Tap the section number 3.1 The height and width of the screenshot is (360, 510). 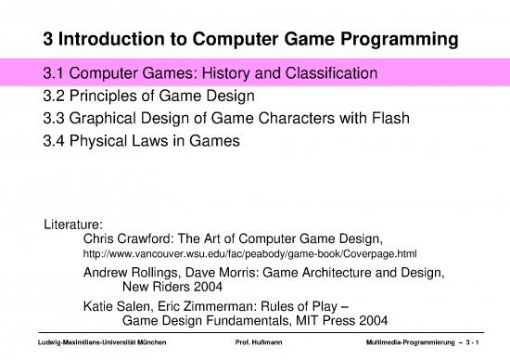point(57,71)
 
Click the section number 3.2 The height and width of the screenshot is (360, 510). point(57,95)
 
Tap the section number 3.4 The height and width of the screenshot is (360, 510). point(57,141)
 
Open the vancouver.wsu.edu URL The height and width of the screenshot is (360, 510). point(250,254)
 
